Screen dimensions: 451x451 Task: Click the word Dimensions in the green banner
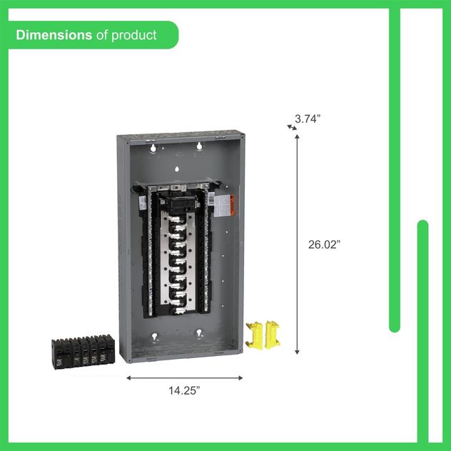[54, 34]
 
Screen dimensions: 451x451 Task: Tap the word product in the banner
[134, 34]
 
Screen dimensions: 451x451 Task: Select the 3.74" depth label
[308, 118]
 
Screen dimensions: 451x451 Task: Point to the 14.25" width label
[184, 390]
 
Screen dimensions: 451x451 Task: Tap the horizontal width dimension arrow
[184, 377]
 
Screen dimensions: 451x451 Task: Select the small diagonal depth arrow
[291, 127]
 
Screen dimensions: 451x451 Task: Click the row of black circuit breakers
[82, 350]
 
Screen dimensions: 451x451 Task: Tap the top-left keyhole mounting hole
[152, 148]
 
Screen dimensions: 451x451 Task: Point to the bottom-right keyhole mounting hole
[201, 332]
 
